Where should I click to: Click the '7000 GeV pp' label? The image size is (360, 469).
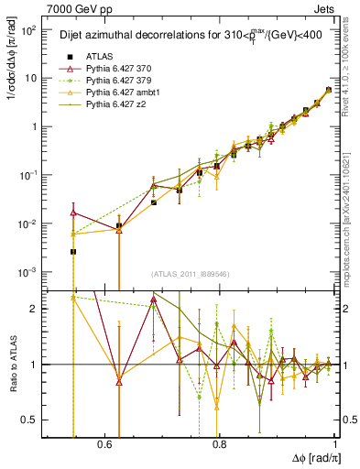tap(75, 9)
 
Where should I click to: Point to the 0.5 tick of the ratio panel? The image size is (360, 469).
tap(32, 420)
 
